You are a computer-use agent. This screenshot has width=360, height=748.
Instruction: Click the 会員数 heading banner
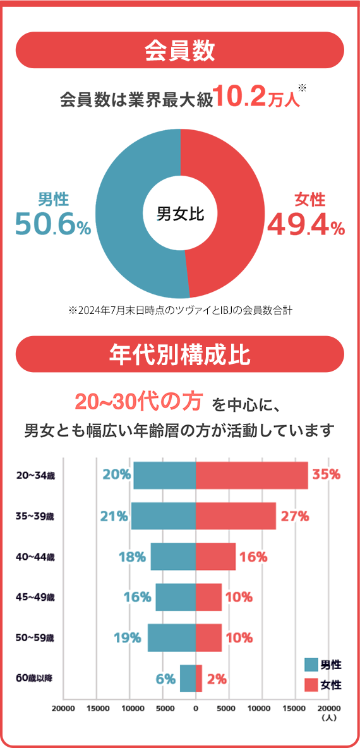click(x=180, y=50)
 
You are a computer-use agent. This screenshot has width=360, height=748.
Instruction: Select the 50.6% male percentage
click(x=53, y=224)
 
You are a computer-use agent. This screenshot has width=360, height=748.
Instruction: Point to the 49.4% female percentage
click(x=306, y=224)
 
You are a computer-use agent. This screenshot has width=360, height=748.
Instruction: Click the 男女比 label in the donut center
click(x=180, y=214)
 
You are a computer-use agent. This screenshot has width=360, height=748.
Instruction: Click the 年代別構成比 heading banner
click(x=180, y=354)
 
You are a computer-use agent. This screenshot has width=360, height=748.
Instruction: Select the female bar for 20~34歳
click(x=252, y=475)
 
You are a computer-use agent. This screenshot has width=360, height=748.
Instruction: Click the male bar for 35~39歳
click(x=164, y=516)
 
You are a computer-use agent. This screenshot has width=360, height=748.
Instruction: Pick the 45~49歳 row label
click(x=35, y=597)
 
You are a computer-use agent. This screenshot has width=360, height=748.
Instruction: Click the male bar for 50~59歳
click(x=172, y=637)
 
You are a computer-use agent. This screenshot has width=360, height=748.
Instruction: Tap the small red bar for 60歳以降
click(x=199, y=678)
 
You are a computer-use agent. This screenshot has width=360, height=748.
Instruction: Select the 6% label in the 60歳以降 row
click(x=165, y=679)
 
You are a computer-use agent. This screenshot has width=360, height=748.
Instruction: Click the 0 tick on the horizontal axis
click(x=196, y=708)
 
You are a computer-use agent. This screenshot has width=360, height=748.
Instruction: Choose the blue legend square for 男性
click(x=311, y=664)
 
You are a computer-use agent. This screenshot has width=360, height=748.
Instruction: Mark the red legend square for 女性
click(x=311, y=685)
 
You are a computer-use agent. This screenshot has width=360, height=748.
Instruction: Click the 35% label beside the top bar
click(x=326, y=474)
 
